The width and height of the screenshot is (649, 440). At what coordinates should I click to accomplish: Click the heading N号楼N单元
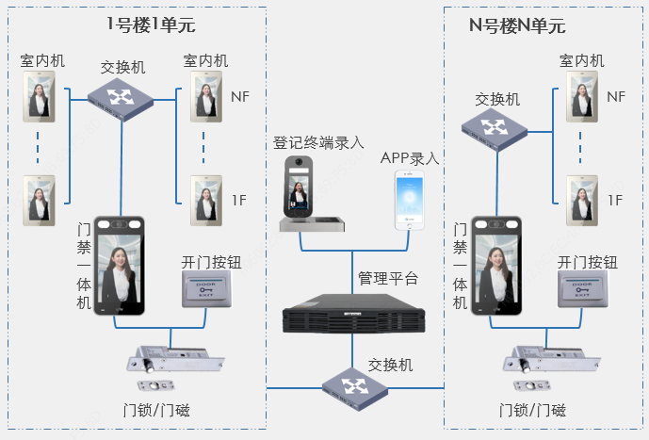pyautogui.click(x=517, y=25)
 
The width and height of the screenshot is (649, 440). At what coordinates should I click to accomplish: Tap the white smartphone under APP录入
pyautogui.click(x=410, y=201)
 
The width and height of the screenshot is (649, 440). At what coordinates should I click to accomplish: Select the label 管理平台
pyautogui.click(x=387, y=278)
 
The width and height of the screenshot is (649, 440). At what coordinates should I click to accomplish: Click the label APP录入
pyautogui.click(x=410, y=157)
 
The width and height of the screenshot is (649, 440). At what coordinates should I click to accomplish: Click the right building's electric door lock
pyautogui.click(x=555, y=362)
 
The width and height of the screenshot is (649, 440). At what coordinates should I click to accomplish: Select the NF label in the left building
pyautogui.click(x=241, y=96)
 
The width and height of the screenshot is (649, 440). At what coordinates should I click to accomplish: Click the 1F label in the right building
pyautogui.click(x=615, y=200)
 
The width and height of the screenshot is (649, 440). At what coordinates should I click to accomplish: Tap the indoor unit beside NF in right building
pyautogui.click(x=581, y=96)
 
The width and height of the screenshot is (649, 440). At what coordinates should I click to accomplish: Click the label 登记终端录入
pyautogui.click(x=318, y=143)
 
